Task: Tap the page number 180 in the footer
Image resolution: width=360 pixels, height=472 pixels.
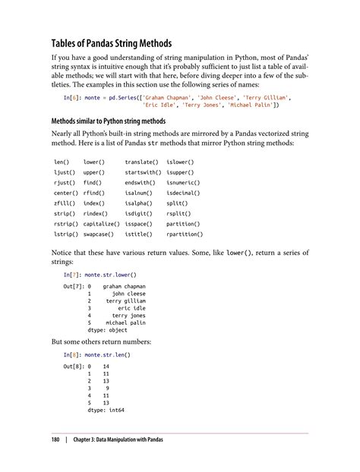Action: coord(55,439)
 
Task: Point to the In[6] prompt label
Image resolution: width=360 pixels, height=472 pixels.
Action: coord(74,98)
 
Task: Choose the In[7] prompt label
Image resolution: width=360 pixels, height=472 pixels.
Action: coord(74,273)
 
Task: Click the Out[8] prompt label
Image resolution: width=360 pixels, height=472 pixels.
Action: coord(75,367)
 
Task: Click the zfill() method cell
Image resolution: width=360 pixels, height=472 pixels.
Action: coord(66,203)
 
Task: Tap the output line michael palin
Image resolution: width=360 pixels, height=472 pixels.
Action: coord(125,323)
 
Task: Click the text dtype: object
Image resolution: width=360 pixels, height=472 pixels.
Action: coord(108,330)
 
